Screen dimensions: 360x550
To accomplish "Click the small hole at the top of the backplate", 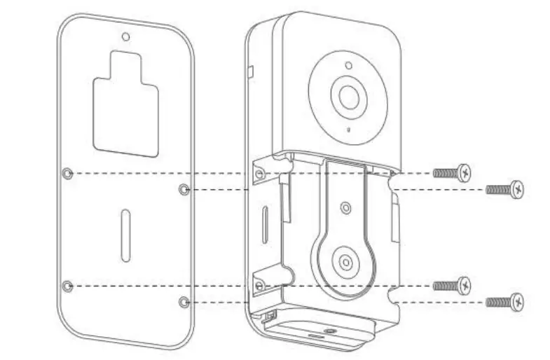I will pos(125,36).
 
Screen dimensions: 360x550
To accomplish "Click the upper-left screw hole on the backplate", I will pos(67,173).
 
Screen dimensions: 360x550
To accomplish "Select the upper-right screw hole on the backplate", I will pos(184,189).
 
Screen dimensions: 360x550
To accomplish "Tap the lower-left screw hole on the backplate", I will pos(67,286).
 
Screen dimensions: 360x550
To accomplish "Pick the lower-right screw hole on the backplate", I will pos(184,302).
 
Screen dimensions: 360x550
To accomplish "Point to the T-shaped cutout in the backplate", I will pos(126,105).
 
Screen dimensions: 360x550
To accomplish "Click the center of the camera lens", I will pos(348,97).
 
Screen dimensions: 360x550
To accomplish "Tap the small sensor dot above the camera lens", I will pos(348,66).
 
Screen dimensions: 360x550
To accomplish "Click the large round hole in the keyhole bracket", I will pos(345,262).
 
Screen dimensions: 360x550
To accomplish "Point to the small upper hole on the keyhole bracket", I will pos(345,207).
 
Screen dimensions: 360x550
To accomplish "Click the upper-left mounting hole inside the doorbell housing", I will pos(259,173).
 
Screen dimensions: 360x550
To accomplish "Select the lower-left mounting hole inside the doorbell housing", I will pos(259,286).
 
